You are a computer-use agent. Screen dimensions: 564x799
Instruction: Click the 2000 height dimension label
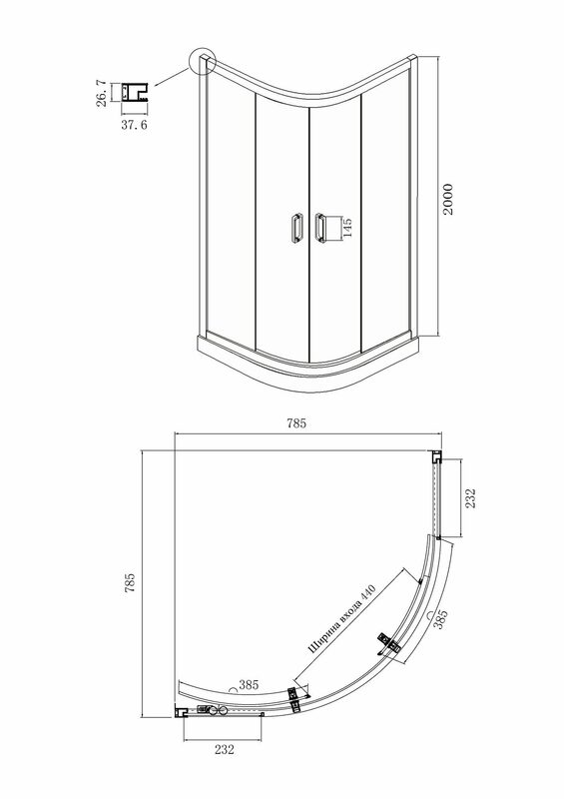(x=447, y=199)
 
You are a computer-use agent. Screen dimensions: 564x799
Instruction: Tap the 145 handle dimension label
(x=347, y=228)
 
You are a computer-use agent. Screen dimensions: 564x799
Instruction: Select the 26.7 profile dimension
(x=102, y=92)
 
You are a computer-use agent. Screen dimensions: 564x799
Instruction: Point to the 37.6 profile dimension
(x=134, y=125)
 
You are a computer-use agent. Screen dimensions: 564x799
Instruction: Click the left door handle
(x=296, y=228)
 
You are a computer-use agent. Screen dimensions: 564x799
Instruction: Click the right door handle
(x=319, y=227)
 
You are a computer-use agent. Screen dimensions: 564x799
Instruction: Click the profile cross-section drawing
(x=135, y=92)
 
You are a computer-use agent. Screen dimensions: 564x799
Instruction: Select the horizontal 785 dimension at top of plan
(x=296, y=422)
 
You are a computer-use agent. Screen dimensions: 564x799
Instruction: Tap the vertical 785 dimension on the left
(x=130, y=582)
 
